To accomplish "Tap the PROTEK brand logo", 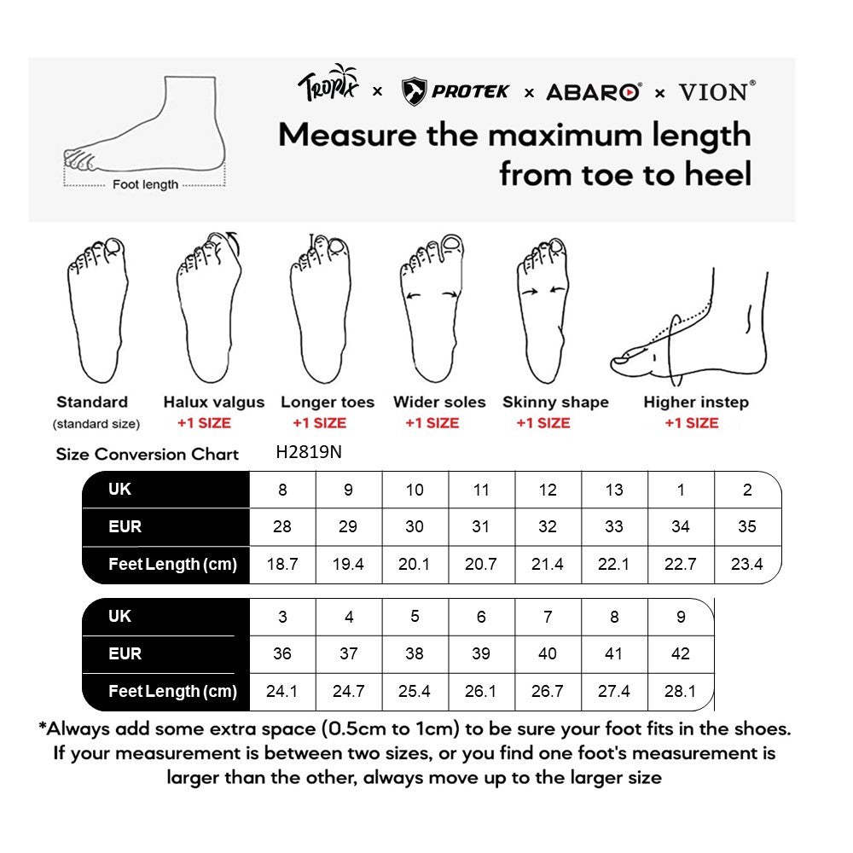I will [x=455, y=91].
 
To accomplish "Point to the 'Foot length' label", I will [x=145, y=184].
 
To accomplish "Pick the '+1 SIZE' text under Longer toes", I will [x=319, y=423].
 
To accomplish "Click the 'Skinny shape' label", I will [x=555, y=403].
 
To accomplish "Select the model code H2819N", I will [x=309, y=453].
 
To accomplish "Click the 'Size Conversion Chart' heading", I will [x=148, y=454].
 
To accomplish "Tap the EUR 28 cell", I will [x=282, y=526].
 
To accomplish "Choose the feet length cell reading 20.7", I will [x=481, y=564].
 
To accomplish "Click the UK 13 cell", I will [x=614, y=490].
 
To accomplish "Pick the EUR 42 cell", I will [x=681, y=653].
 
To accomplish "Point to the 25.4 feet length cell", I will [x=415, y=691].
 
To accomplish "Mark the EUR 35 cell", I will [x=747, y=526].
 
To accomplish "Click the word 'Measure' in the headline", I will [x=347, y=135].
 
